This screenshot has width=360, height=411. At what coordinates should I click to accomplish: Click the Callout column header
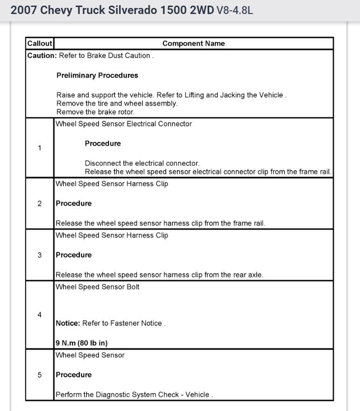(x=40, y=43)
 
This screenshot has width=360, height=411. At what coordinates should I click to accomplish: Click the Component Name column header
(x=193, y=43)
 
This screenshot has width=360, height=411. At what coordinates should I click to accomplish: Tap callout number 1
(x=40, y=148)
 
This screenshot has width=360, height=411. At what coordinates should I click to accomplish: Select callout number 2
(x=40, y=203)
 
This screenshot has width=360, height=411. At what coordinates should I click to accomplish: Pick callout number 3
(x=40, y=255)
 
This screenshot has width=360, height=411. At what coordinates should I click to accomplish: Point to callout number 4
(x=40, y=315)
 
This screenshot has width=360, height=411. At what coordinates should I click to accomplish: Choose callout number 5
(x=40, y=375)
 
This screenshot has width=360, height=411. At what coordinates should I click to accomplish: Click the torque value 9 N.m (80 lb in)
(x=82, y=343)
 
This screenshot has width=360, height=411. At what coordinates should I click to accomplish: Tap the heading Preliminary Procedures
(x=97, y=75)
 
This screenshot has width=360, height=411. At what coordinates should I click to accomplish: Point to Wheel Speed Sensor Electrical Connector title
(x=123, y=124)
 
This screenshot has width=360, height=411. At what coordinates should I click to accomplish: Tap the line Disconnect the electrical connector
(x=142, y=163)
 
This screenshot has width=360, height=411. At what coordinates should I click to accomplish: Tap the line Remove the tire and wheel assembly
(x=117, y=104)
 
